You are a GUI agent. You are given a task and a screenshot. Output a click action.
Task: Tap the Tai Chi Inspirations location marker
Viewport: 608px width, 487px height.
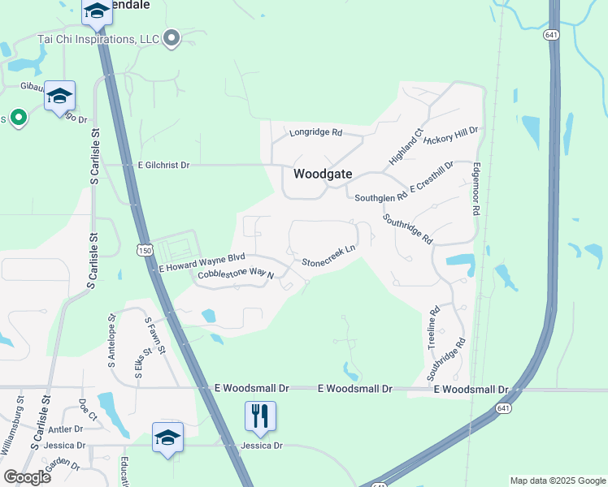172,38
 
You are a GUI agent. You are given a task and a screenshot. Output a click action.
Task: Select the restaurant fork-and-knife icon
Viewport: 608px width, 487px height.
260,416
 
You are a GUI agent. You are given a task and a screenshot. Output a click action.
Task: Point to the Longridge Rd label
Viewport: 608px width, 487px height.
315,132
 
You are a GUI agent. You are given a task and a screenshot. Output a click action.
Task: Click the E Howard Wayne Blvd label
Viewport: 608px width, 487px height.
202,262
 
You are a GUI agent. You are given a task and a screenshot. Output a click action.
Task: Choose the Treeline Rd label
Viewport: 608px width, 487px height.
434,327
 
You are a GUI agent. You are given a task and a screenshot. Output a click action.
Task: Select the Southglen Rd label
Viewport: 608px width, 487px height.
380,197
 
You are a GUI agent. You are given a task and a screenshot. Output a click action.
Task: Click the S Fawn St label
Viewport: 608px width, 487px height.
155,335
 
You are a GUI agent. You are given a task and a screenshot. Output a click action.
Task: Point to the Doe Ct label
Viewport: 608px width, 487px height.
88,410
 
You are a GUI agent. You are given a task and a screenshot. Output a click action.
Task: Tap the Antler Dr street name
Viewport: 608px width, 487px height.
66,429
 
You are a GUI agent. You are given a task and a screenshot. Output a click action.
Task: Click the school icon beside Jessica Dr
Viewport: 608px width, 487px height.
168,437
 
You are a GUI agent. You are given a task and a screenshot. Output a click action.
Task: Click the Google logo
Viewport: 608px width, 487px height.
27,477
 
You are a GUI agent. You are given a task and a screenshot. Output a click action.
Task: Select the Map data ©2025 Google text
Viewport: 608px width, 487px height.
557,481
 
